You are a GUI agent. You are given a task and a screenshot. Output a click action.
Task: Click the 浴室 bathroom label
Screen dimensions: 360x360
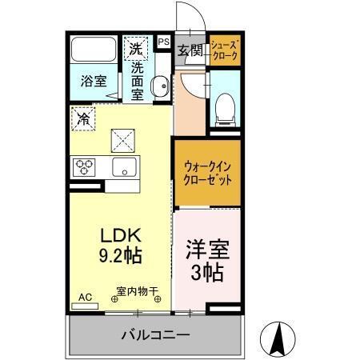click(x=94, y=80)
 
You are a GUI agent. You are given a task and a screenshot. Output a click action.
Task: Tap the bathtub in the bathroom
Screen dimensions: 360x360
click(x=94, y=50)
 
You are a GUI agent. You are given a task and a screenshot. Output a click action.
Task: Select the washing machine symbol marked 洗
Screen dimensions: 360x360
click(x=136, y=48)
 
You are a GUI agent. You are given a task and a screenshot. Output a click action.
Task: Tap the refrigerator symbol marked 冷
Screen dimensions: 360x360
click(x=83, y=119)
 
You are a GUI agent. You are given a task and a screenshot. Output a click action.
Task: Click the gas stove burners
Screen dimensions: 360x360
click(x=84, y=166)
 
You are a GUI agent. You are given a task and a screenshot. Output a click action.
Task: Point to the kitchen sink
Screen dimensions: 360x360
click(x=124, y=167)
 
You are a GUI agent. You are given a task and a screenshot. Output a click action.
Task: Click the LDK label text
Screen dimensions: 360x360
click(x=120, y=236)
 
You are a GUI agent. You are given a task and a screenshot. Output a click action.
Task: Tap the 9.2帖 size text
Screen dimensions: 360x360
click(x=120, y=258)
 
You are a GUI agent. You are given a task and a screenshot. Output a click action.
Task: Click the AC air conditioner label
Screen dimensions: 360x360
click(x=85, y=297)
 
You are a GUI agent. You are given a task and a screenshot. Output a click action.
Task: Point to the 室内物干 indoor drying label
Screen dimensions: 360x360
click(x=137, y=291)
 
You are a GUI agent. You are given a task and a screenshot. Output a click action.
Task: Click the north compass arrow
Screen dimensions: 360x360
click(x=278, y=338)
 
